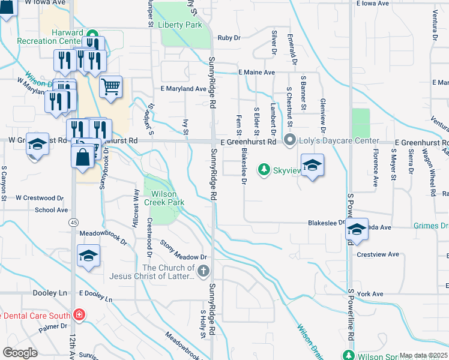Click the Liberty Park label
[181, 25]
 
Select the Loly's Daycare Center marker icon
[290, 142]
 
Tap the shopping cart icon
[111, 87]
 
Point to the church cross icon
[203, 272]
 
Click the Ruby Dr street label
[229, 37]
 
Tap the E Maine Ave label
[256, 73]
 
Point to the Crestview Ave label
[378, 254]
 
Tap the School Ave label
[51, 210]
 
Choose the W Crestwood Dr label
[40, 197]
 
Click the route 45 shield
[73, 222]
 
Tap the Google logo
[20, 353]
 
